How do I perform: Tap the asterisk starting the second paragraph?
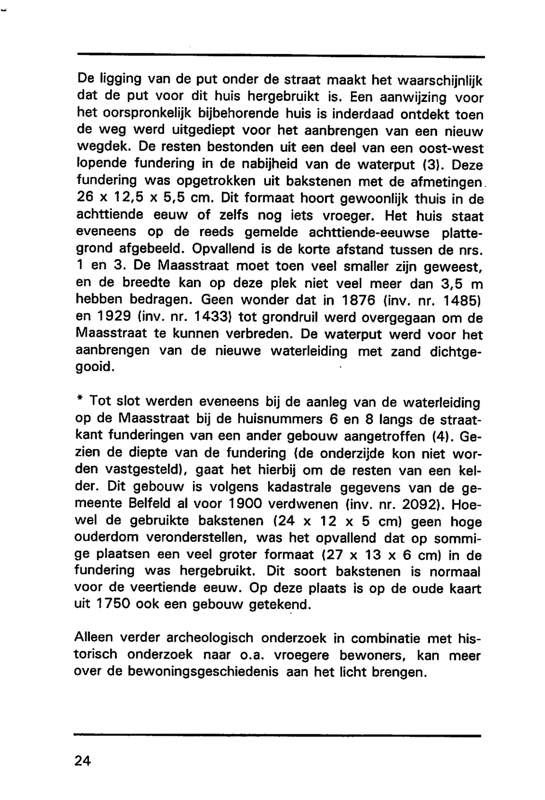pos(80,401)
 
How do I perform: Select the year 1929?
pos(114,318)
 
